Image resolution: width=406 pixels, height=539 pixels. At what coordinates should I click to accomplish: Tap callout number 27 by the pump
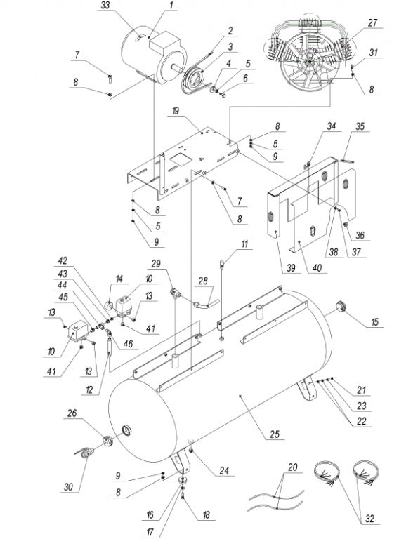click(x=372, y=23)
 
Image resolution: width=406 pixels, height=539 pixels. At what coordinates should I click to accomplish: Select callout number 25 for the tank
click(x=274, y=434)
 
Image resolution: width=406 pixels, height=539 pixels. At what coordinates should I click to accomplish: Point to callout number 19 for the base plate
click(x=176, y=112)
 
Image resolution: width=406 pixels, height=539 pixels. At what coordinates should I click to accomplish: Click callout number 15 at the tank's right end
click(x=374, y=321)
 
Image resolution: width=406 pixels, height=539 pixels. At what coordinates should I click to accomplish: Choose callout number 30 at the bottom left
click(x=69, y=487)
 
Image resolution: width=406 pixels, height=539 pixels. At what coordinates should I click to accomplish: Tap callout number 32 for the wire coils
click(x=369, y=519)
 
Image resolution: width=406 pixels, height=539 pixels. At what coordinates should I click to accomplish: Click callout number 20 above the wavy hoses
click(x=292, y=467)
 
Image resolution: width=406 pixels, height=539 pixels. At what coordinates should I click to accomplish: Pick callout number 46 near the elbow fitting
click(x=128, y=344)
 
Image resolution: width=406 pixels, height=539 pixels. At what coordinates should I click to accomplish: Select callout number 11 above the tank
click(x=244, y=244)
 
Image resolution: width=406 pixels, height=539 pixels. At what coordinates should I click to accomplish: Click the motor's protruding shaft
click(x=176, y=67)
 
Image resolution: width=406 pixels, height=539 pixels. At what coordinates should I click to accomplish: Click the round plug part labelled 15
click(x=341, y=306)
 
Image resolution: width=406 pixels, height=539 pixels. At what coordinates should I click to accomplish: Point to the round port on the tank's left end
click(x=127, y=430)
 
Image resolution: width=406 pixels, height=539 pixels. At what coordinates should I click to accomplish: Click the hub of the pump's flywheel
click(x=309, y=62)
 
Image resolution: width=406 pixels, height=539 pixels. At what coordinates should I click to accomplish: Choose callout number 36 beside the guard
click(x=360, y=236)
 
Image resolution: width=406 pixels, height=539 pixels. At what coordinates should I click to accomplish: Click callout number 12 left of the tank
click(x=89, y=390)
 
